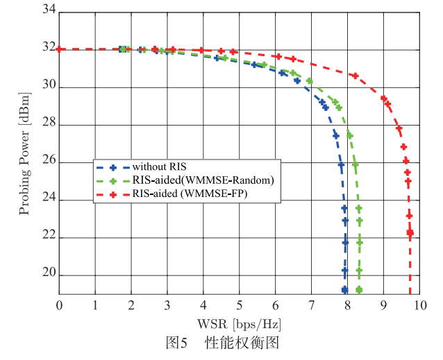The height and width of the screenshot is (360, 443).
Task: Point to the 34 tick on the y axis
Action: coord(48,12)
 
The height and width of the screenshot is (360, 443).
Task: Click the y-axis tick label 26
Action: coord(48,163)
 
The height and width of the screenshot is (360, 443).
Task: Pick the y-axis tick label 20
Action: coord(48,275)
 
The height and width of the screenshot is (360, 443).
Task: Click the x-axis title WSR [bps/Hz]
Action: coord(238,323)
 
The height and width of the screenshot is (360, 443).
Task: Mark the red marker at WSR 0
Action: coord(60,49)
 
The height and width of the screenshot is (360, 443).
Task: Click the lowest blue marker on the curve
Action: coord(344,289)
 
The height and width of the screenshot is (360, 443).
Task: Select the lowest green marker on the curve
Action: coord(359,289)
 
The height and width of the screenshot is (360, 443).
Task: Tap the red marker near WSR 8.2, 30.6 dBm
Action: coord(355,76)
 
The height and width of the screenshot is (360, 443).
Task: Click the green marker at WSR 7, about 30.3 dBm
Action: coord(310,81)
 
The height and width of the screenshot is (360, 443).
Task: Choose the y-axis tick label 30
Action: coord(48,87)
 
